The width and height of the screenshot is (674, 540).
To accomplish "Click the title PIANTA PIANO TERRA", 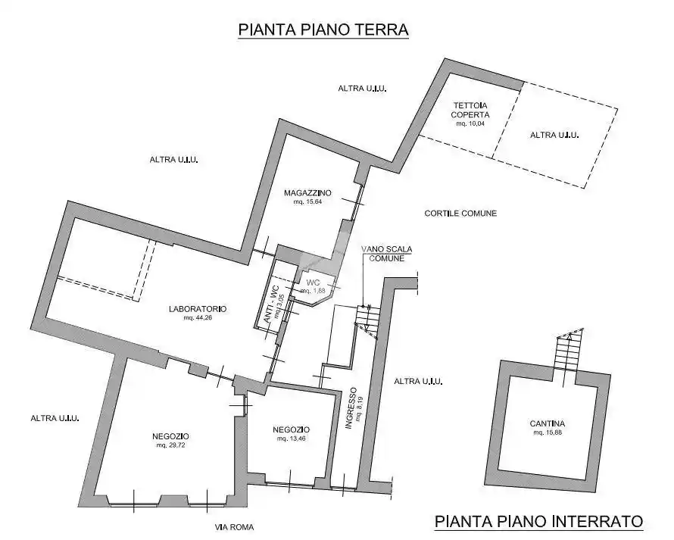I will (323, 30).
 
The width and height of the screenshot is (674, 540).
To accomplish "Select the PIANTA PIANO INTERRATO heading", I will (538, 521).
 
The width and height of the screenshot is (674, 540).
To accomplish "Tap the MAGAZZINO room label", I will (307, 192).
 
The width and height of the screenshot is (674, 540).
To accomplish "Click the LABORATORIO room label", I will (198, 308).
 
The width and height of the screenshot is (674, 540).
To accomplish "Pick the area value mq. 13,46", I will (291, 439).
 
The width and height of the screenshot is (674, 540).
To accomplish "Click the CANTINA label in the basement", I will (548, 423).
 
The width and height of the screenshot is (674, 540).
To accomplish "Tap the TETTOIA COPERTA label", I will (470, 110).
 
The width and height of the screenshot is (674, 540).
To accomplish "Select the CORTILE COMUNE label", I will (460, 214).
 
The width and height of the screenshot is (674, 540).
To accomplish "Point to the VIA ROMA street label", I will (234, 527).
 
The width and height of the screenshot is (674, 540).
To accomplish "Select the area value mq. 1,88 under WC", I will (313, 291).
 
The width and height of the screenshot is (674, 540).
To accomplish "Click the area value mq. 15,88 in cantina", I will (548, 432).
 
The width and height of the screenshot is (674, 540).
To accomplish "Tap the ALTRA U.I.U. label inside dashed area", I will (554, 135).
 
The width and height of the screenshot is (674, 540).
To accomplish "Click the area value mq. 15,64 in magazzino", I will (307, 201).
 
